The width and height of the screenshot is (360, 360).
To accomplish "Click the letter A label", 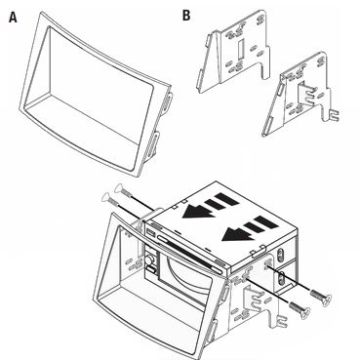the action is point(13,18).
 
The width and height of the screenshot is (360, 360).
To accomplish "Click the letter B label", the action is point(186,15).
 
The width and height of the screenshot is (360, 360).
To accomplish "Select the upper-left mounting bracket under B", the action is point(234,52).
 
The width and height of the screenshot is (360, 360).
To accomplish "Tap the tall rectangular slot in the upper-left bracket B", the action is point(240,48).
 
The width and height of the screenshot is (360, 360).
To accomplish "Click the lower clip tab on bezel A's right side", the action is point(154,141).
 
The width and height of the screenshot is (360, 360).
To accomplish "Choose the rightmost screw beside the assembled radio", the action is point(321,298).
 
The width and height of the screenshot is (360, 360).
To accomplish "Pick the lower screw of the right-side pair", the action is point(300,308).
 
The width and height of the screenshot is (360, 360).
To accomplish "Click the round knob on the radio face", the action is point(149,260).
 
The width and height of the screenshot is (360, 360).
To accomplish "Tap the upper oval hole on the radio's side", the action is point(279,254).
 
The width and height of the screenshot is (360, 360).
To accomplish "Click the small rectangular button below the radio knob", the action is point(150,269).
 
